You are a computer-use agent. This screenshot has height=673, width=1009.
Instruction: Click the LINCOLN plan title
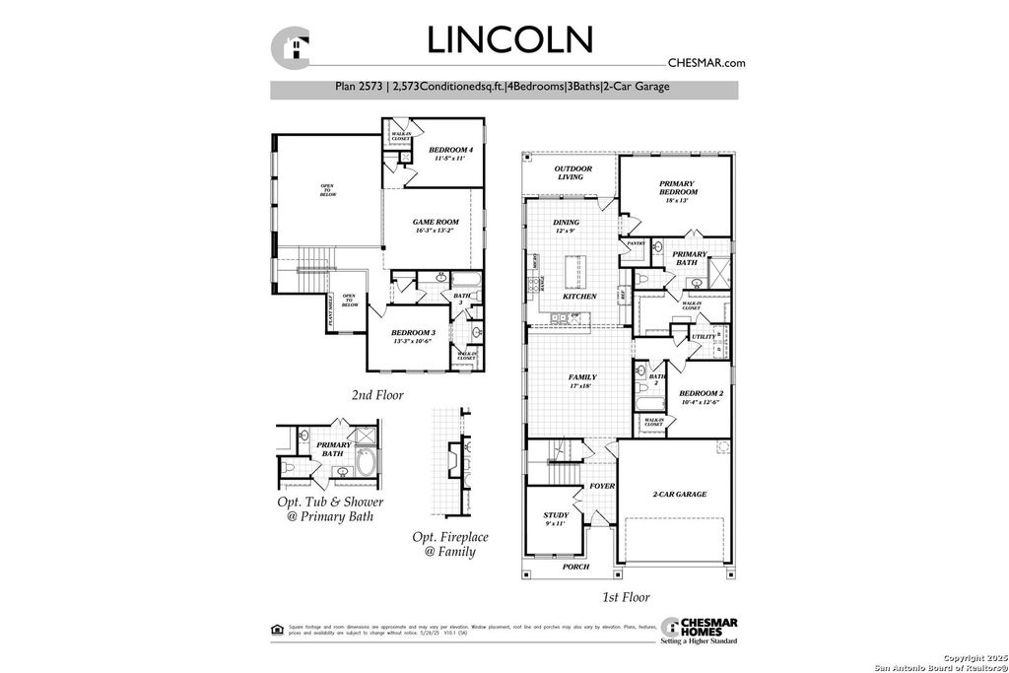(510, 39)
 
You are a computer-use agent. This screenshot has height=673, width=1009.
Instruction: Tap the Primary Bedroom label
(677, 187)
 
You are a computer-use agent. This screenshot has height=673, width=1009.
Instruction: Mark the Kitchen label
(579, 297)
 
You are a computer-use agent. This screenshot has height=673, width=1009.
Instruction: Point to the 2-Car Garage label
(679, 494)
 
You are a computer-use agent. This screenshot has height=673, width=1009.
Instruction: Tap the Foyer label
(602, 487)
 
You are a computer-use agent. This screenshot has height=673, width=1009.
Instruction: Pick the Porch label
(575, 567)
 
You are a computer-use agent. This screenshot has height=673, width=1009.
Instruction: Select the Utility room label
(704, 336)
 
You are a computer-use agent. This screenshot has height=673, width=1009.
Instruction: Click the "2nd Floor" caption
(377, 395)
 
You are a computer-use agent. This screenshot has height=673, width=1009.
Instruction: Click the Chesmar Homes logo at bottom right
(701, 631)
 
